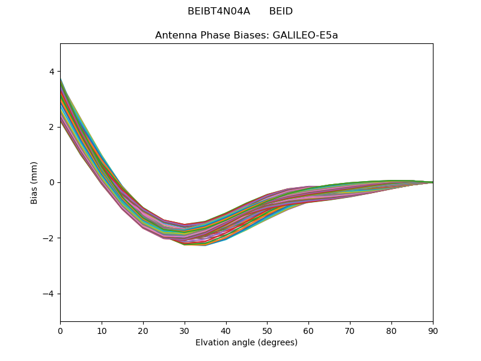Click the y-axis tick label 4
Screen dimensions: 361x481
tap(51, 72)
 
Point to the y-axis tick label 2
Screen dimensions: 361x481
tap(51, 127)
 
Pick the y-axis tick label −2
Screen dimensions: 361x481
tap(49, 238)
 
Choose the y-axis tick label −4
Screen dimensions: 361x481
tap(49, 294)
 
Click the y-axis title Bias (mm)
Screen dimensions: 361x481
tap(34, 182)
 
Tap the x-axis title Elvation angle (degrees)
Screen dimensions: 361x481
tap(247, 343)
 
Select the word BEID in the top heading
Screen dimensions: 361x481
tap(281, 11)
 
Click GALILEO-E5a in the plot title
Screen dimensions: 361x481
tap(305, 35)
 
